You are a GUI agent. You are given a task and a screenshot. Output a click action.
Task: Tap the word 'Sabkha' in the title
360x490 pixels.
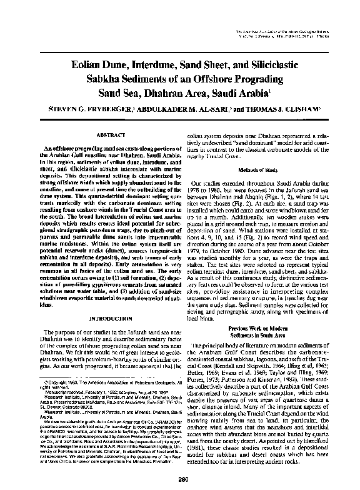tap(80, 78)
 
